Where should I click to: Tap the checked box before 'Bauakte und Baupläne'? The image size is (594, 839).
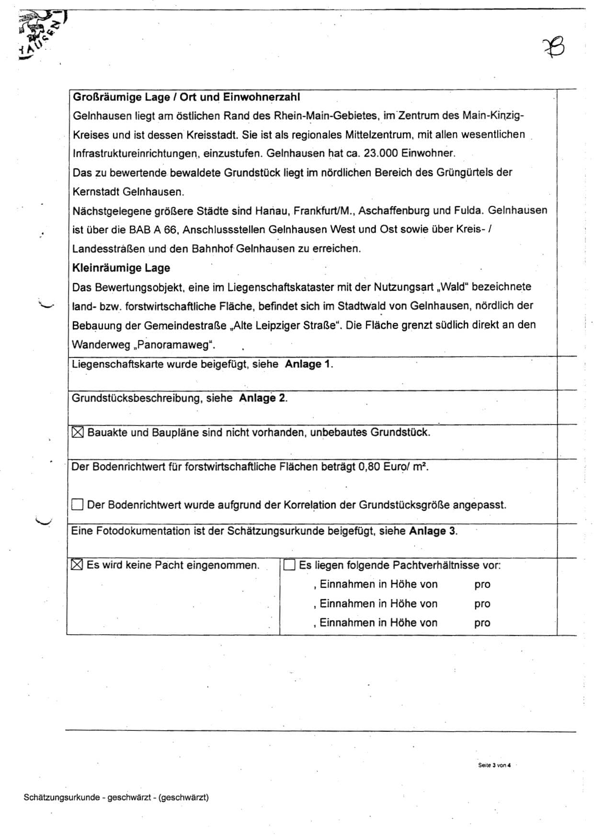[x=77, y=433]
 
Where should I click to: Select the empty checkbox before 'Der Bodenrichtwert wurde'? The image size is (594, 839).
[x=77, y=505]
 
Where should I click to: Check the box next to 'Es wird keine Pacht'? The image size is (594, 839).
[x=77, y=565]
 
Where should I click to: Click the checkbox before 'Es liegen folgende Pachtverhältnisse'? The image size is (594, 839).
[x=289, y=565]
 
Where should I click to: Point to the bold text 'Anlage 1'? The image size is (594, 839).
[x=308, y=364]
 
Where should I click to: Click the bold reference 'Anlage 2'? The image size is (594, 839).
[x=262, y=398]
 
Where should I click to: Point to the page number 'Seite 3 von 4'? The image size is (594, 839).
[x=494, y=765]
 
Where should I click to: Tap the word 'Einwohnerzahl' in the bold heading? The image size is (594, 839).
[x=262, y=97]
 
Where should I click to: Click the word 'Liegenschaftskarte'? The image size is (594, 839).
[x=117, y=364]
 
